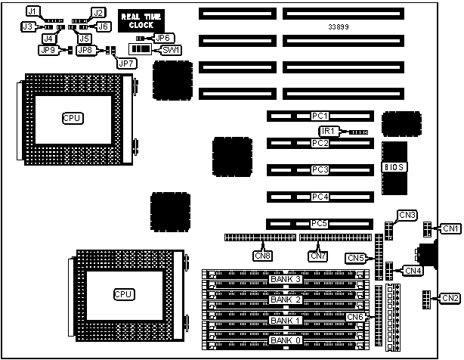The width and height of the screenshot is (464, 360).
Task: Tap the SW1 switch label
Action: [x=171, y=49]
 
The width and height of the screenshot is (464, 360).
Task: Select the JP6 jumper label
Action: [x=162, y=37]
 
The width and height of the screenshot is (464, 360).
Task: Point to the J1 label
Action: [x=32, y=11]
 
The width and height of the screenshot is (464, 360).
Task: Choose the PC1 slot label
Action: [x=320, y=116]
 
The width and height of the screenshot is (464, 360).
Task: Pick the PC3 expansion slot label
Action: [x=320, y=170]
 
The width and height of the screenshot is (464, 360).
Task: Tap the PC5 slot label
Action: [x=320, y=224]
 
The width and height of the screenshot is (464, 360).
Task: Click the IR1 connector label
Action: [x=325, y=131]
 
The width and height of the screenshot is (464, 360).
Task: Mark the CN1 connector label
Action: [x=450, y=228]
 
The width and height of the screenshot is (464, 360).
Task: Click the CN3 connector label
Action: [x=408, y=216]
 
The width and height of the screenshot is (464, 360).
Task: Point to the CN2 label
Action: [x=450, y=298]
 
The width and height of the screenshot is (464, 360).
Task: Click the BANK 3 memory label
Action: [x=286, y=280]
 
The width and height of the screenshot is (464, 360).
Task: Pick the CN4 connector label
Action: [x=413, y=270]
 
